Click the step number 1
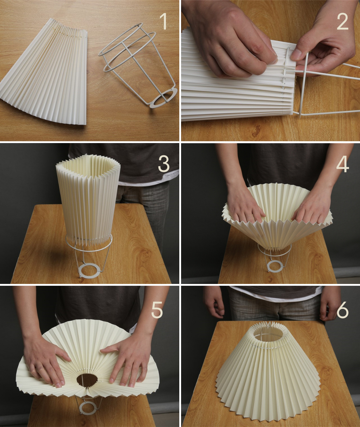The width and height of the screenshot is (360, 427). click(x=163, y=21)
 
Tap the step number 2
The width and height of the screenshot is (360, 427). click(x=342, y=22)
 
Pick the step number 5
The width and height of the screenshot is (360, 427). click(x=157, y=310)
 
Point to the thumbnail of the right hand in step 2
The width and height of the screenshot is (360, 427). click(x=296, y=54)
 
